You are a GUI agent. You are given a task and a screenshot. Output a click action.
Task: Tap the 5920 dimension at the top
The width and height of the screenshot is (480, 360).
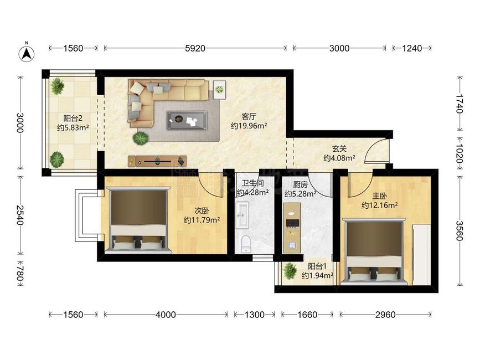pos(195,48)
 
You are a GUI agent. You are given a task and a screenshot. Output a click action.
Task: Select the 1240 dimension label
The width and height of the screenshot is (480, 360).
pos(412,48)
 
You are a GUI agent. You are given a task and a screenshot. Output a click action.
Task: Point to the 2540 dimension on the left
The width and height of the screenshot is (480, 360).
pos(20,215)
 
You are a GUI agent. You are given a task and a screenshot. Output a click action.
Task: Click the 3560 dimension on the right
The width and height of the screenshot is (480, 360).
pos(459,230)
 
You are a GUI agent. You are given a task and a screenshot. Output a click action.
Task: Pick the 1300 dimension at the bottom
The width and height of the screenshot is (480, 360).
pos(254,315)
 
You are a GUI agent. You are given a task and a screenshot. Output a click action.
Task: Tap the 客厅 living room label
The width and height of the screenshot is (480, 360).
pos(249,117)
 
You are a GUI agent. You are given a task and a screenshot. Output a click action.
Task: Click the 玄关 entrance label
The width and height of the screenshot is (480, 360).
pos(339,149)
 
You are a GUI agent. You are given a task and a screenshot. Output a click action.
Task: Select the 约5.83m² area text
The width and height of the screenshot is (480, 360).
pos(73,127)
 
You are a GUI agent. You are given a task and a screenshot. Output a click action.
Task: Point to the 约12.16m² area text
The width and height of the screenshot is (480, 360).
pos(380,205)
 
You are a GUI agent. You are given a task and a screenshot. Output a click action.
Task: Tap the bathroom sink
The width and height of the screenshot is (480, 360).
pos(242,215)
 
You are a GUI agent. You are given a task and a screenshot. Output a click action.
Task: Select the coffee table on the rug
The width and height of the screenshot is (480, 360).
pos(187,121)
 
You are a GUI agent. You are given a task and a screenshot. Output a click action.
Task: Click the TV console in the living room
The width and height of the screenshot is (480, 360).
pos(157,161)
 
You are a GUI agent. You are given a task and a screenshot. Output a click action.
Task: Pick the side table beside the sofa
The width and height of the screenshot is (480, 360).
pos(219,89)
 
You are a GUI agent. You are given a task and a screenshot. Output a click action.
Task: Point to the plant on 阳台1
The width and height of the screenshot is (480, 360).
pos(290,270)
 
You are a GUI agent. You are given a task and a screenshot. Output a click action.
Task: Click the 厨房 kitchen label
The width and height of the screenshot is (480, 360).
pos(300,184)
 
